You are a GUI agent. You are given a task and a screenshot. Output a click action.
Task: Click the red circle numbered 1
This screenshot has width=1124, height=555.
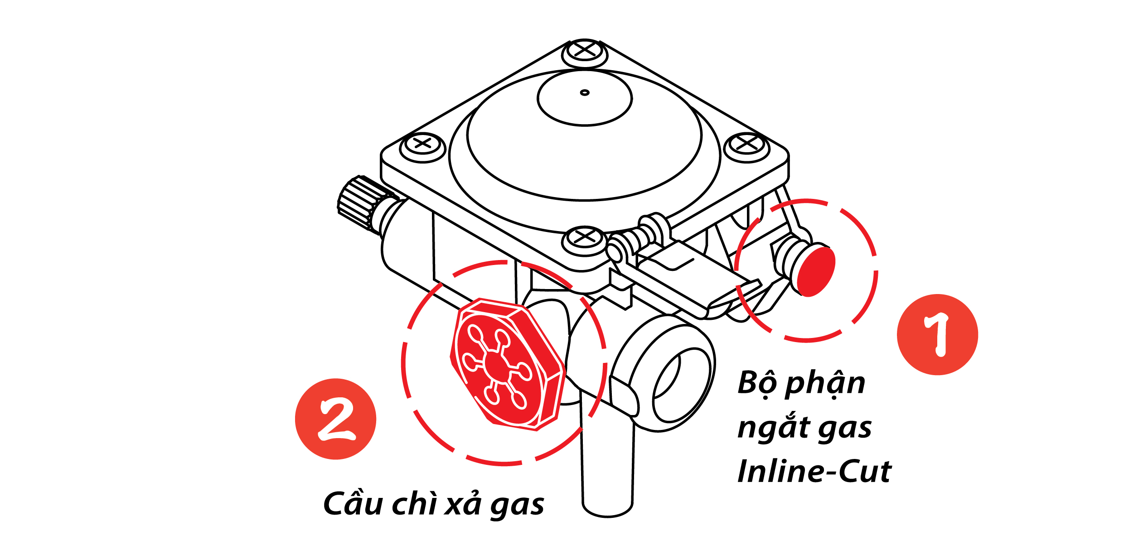[937, 335]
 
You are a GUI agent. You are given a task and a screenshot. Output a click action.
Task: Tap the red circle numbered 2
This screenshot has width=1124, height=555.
[335, 419]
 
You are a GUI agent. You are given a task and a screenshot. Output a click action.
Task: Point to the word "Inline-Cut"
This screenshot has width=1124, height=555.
[815, 472]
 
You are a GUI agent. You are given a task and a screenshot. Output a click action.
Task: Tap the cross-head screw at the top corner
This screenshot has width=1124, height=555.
[585, 52]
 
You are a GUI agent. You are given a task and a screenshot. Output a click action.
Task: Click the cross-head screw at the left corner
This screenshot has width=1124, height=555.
[423, 146]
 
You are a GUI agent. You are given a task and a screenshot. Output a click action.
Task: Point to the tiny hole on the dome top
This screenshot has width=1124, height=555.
[585, 92]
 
